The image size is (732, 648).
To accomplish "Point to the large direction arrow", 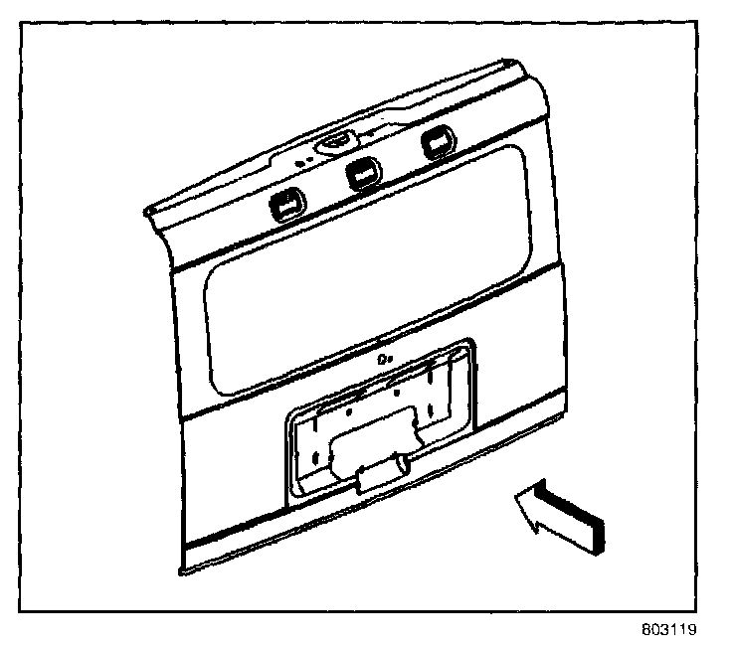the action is click(559, 513).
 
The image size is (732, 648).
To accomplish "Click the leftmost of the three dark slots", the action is click(284, 205).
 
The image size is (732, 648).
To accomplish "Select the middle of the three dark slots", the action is click(361, 174).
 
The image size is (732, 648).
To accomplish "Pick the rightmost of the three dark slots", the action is click(434, 144).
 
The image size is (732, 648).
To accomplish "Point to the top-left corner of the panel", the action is click(147, 212).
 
